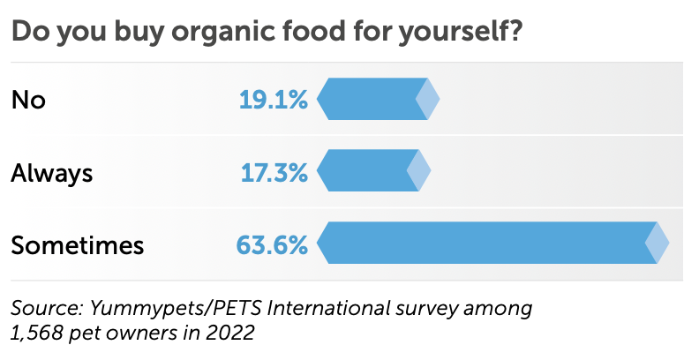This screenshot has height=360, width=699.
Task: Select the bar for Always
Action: click(x=366, y=170)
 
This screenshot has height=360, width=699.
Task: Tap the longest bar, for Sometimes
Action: click(x=485, y=243)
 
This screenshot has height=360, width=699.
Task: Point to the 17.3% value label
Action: click(x=274, y=171)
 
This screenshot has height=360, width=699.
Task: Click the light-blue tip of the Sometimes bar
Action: click(x=658, y=243)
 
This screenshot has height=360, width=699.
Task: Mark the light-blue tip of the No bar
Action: click(x=429, y=99)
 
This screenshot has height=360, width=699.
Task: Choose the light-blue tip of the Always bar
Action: click(x=420, y=170)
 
